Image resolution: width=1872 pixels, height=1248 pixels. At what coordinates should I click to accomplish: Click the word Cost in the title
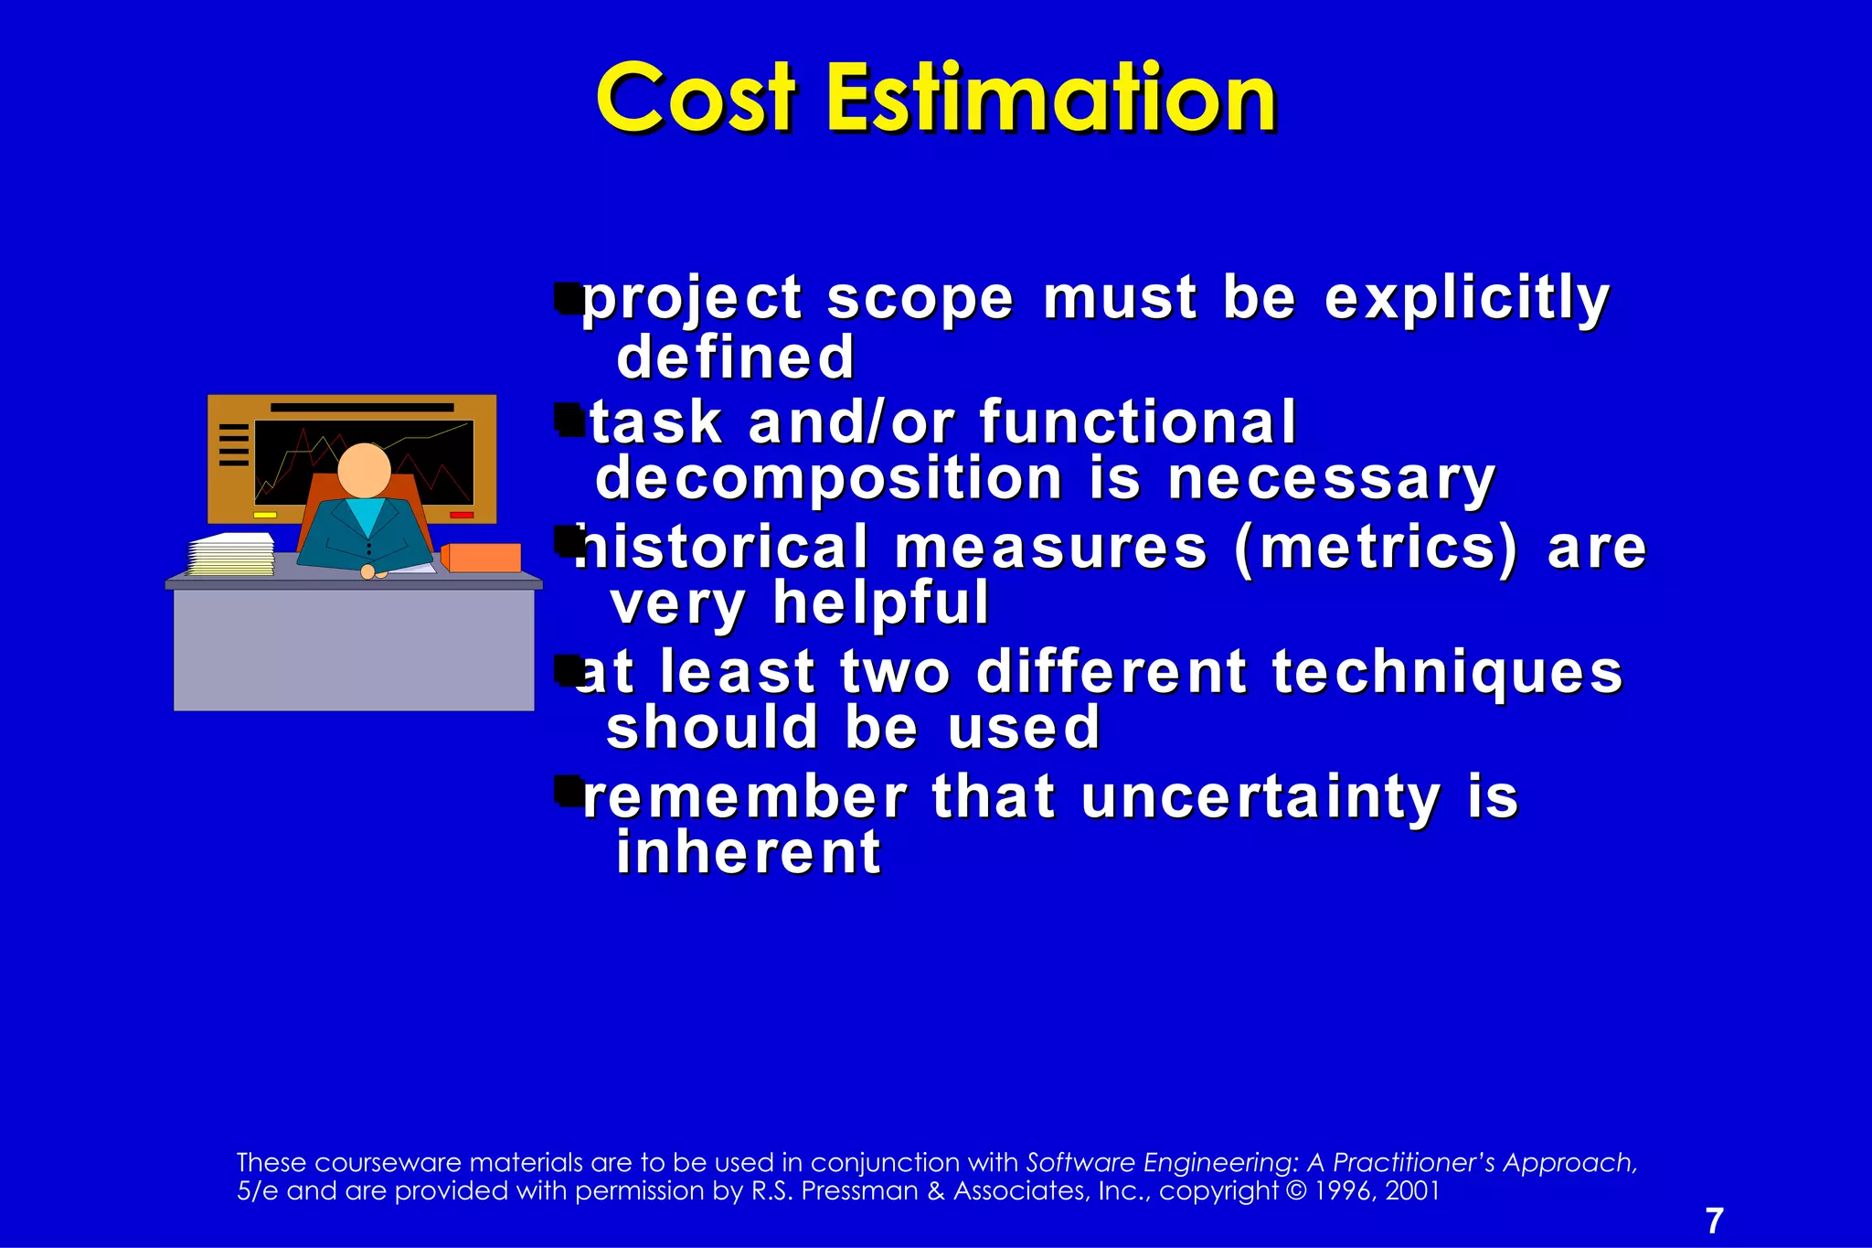click(697, 99)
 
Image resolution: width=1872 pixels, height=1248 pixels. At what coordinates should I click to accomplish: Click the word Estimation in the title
click(1051, 99)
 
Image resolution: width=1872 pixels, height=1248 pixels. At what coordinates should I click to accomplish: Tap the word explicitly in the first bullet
click(1466, 298)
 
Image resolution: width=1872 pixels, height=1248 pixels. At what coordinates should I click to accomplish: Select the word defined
click(736, 357)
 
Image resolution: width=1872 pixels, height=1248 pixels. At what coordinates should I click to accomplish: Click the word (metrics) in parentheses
click(1376, 548)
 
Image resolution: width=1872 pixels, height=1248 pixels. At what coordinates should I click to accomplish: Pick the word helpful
click(881, 603)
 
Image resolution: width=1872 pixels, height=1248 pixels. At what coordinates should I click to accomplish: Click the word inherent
click(749, 853)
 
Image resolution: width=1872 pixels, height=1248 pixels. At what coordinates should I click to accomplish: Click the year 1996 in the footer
click(1343, 1190)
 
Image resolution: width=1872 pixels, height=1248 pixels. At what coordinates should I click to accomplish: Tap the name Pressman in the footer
click(859, 1190)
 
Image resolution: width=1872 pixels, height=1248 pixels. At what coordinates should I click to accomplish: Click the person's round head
click(364, 470)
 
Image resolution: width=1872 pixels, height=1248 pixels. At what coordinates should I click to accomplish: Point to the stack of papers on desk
click(231, 555)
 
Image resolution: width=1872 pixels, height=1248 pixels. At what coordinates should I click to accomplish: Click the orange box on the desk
click(483, 558)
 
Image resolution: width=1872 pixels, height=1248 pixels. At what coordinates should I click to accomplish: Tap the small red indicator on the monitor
click(462, 516)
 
